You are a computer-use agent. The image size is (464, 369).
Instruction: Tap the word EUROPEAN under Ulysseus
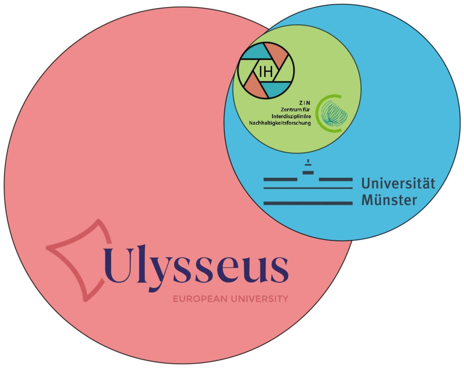[x=200, y=299]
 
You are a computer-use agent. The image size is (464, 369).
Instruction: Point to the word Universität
[x=398, y=183]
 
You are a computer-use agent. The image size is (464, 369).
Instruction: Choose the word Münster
[x=389, y=200]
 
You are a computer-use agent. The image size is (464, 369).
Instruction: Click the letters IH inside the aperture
[x=266, y=72]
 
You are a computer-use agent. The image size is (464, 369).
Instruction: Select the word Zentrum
[x=289, y=109]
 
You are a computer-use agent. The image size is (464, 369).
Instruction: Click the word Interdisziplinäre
[x=291, y=116]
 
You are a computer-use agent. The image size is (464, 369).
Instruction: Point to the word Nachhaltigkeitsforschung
[x=280, y=124]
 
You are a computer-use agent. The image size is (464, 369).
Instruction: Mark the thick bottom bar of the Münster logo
[x=308, y=203]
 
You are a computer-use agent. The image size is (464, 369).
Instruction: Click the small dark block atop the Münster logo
[x=308, y=172]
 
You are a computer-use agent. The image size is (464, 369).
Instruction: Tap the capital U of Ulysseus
[x=118, y=266]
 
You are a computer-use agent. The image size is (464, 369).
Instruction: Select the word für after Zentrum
[x=305, y=109]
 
